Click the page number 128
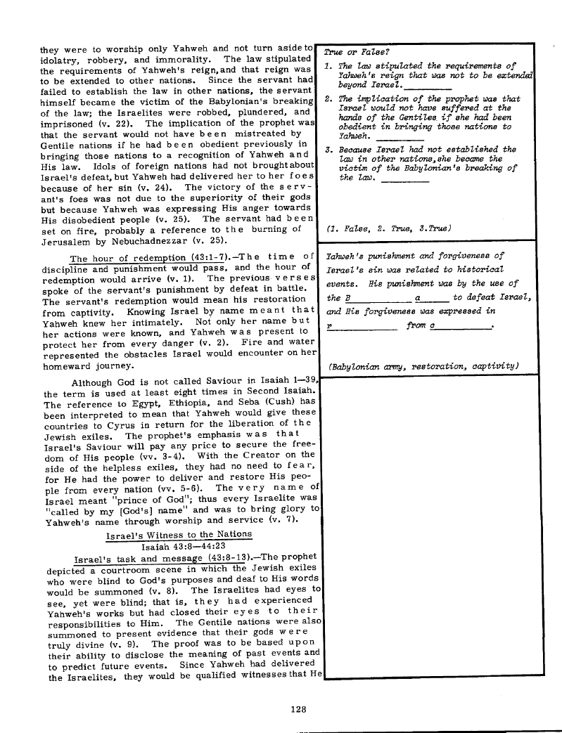pos(295,708)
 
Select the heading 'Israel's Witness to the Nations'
pos(178,535)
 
